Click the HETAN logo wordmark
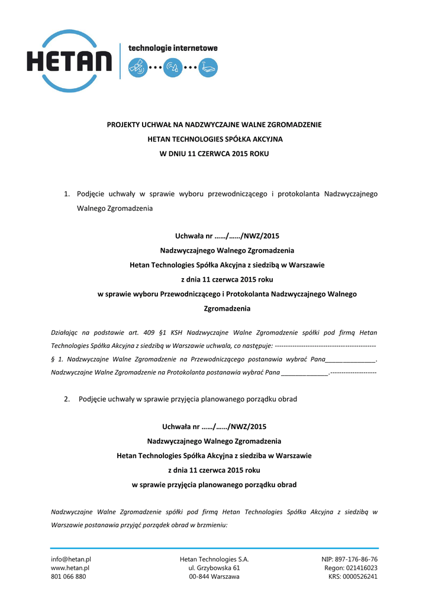coord(69,62)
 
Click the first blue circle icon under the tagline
coord(137,67)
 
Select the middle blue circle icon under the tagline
coord(173,67)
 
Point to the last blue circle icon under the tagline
coord(208,67)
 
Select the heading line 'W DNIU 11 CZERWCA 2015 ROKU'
coord(214,153)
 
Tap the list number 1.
coord(67,194)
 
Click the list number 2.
coord(67,399)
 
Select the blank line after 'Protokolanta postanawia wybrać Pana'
coord(305,373)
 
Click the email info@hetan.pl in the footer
coord(71,559)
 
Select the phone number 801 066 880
coord(69,576)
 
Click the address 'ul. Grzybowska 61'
coord(214,568)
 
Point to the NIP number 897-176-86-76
coord(357,559)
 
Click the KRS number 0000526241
coord(361,576)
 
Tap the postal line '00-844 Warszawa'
coord(214,576)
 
